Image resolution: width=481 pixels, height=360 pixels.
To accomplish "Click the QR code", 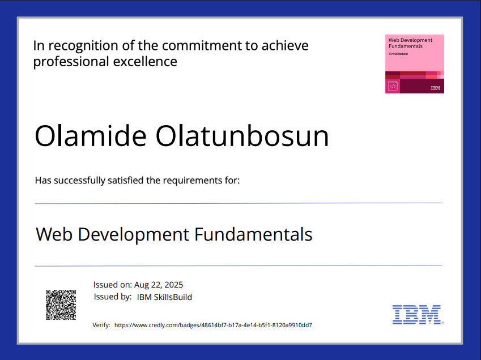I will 61,305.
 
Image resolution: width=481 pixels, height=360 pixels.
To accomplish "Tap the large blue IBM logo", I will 417,314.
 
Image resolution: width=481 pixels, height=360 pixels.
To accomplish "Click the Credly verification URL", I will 213,325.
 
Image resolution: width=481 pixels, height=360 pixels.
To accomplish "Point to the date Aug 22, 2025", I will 159,285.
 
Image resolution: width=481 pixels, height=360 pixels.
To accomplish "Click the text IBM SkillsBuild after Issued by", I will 164,297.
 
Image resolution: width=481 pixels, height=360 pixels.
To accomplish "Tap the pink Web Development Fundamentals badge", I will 414,63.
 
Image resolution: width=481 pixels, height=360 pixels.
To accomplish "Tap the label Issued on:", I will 113,285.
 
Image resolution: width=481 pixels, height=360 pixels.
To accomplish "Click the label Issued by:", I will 113,297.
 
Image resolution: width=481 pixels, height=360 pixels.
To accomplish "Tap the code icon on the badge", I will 393,86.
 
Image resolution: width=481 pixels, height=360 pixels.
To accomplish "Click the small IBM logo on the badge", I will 435,88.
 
